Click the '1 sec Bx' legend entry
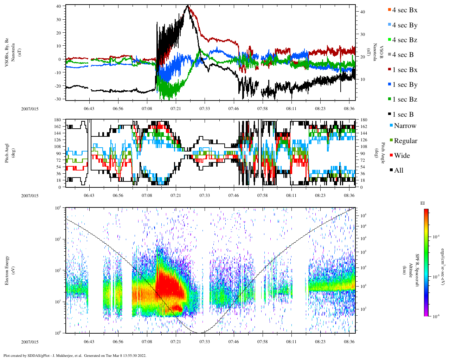405,70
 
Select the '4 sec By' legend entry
405,25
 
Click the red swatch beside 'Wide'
391,156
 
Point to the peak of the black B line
188,6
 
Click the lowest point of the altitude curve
200,333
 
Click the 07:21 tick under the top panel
176,109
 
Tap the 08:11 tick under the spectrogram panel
291,342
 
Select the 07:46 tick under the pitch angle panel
233,195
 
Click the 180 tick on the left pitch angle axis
58,120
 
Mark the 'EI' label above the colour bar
423,203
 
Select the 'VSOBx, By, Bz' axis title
7,53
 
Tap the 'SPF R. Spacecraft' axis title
417,270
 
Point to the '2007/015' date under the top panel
30,109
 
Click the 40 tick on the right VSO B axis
362,12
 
